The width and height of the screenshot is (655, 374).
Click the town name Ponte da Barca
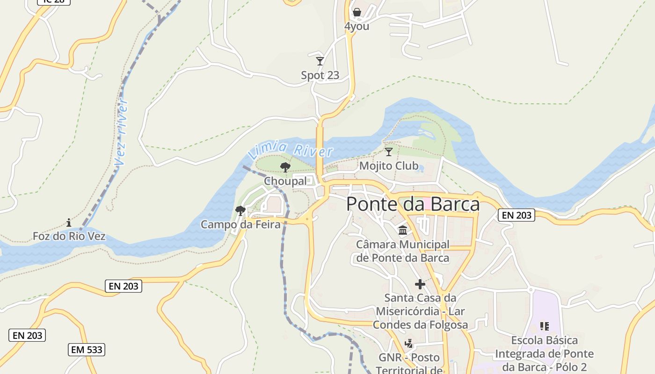(413, 204)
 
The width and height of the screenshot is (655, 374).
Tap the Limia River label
(291, 150)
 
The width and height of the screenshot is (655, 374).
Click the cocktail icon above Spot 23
(320, 61)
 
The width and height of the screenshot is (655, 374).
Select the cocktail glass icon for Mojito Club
(388, 151)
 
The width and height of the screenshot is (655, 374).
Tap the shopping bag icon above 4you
(357, 12)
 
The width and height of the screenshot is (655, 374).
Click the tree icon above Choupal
(285, 167)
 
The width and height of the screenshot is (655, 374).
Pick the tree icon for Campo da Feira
(240, 211)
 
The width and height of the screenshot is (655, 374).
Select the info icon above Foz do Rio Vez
(69, 223)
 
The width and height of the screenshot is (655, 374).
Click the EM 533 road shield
(87, 350)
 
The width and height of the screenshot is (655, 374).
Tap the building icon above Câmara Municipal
(402, 230)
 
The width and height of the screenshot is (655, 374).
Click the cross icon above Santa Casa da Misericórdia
(420, 284)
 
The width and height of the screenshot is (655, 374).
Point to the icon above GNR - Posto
(409, 344)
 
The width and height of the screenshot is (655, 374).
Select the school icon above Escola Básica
(544, 326)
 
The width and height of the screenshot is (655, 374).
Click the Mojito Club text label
(389, 166)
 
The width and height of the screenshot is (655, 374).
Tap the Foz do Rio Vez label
(69, 237)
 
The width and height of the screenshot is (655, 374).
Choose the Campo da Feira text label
(240, 224)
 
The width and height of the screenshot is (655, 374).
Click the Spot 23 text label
(320, 75)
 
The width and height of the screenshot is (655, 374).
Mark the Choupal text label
(285, 181)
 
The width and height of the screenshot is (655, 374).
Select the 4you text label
(357, 26)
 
